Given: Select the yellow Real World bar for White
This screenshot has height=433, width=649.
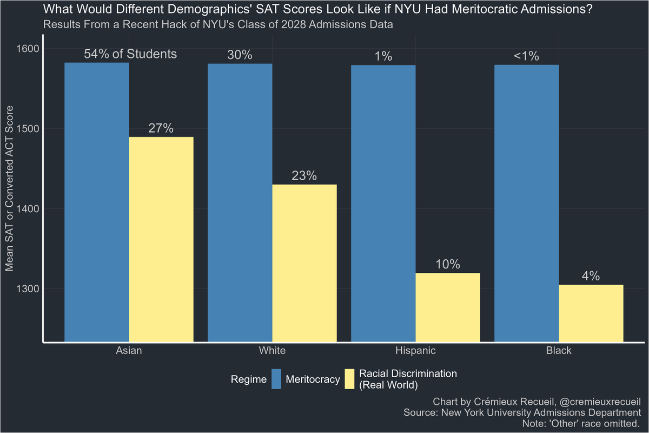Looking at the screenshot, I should point(304,263).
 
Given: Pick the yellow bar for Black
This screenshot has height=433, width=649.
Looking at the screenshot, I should point(591,313).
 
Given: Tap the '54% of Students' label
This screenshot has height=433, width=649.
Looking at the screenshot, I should point(130,54).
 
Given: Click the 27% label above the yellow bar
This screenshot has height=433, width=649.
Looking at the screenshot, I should point(161,128).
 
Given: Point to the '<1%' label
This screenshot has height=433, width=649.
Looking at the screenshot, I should point(526,56).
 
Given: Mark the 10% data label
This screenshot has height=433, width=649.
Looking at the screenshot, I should point(448,265).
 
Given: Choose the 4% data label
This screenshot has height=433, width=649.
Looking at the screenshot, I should point(591,276).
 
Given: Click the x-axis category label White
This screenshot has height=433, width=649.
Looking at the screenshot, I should point(272,351).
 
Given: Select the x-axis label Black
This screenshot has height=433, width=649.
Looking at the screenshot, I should point(559,351).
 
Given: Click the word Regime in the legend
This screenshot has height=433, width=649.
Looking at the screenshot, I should point(249,379).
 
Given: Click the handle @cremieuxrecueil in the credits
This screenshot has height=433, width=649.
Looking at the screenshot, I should point(594,402).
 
